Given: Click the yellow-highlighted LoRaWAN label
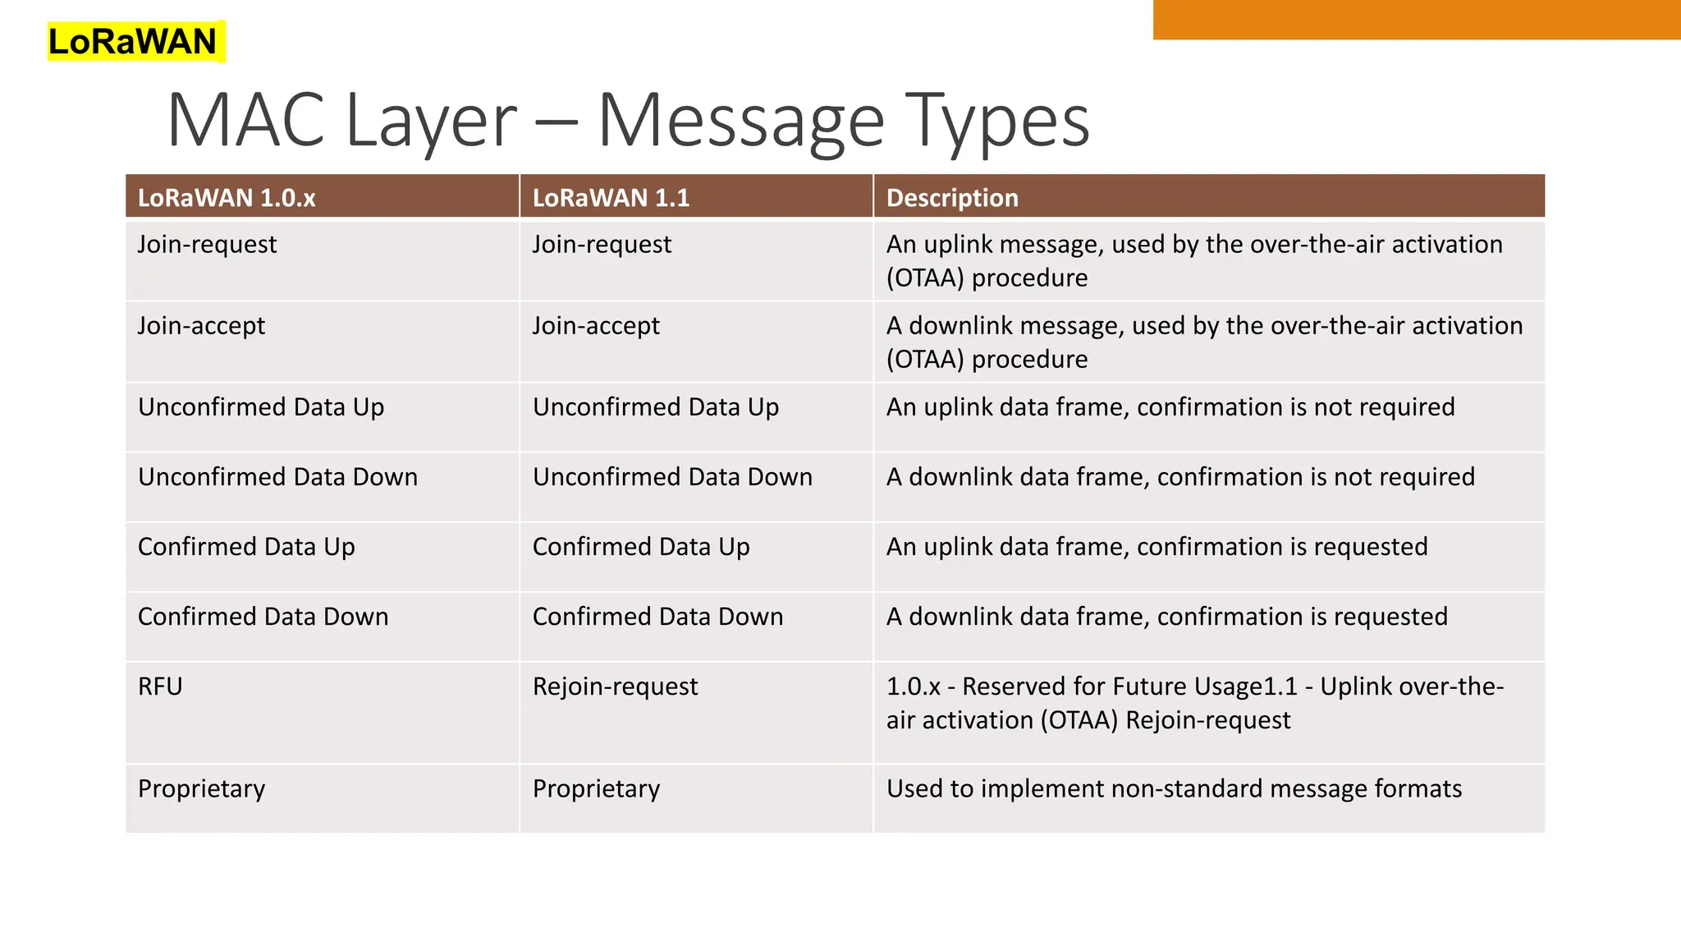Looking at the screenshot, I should coord(133,41).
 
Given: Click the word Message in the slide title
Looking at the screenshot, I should coord(740,122).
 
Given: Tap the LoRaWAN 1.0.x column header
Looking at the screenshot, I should coord(227,198).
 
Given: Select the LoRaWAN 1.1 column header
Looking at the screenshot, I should coord(611,198).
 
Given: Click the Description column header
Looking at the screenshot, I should coord(952,198).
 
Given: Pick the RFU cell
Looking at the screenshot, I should coord(160,686).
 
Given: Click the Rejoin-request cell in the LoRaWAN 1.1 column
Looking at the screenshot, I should coord(615,686).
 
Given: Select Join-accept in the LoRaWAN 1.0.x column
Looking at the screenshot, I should coord(201,325).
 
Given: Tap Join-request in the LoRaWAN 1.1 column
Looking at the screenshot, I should coord(602,244).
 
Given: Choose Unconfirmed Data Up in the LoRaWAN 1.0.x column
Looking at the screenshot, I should coord(261,406).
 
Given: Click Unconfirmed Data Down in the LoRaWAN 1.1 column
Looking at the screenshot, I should coord(672,476).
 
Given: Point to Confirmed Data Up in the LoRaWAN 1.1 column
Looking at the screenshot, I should coord(641,546).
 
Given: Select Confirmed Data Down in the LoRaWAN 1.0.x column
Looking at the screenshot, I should coord(263,616).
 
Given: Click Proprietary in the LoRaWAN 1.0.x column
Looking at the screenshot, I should coord(201,788).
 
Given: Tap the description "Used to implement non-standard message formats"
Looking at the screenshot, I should coord(1174,788).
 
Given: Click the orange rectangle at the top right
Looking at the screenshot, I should coord(1417,20).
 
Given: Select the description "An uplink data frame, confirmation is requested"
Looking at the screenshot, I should coord(1157,546).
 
